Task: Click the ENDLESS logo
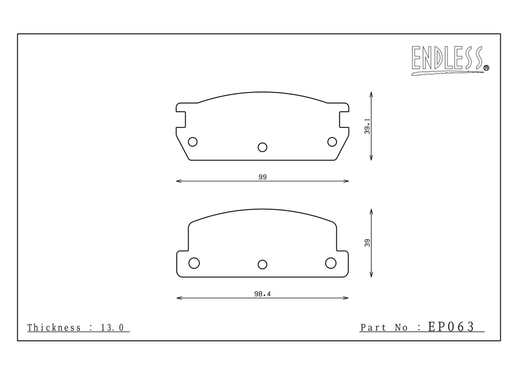450,60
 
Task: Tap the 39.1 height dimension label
367,126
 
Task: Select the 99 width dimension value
263,177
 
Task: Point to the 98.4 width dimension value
263,294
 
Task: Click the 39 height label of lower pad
367,243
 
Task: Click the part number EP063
451,327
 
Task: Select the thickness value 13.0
112,328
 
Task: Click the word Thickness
54,328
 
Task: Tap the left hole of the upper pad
193,142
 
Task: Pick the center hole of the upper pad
263,147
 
